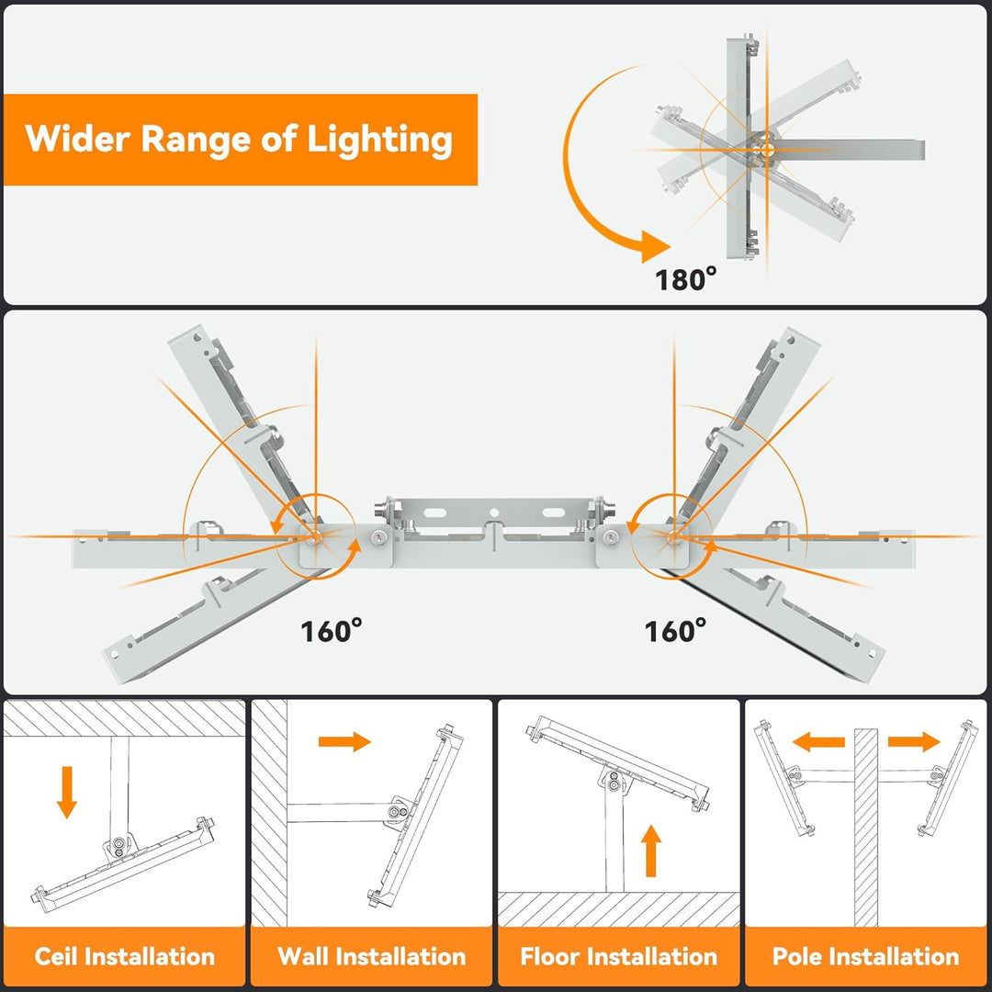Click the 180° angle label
click(x=685, y=278)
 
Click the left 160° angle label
click(x=332, y=631)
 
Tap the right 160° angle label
click(x=675, y=631)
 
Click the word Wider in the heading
click(x=77, y=140)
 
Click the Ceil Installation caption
click(x=125, y=956)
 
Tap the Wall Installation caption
click(x=372, y=956)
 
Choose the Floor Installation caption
click(x=618, y=956)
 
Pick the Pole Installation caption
click(x=865, y=956)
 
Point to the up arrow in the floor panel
click(x=651, y=851)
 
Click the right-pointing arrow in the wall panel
click(x=344, y=741)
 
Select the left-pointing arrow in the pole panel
click(x=818, y=742)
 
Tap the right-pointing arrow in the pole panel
click(x=914, y=742)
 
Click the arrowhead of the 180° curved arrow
click(x=654, y=246)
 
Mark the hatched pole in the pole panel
click(x=866, y=827)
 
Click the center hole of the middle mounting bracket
click(x=494, y=513)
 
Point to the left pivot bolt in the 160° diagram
click(x=315, y=536)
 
